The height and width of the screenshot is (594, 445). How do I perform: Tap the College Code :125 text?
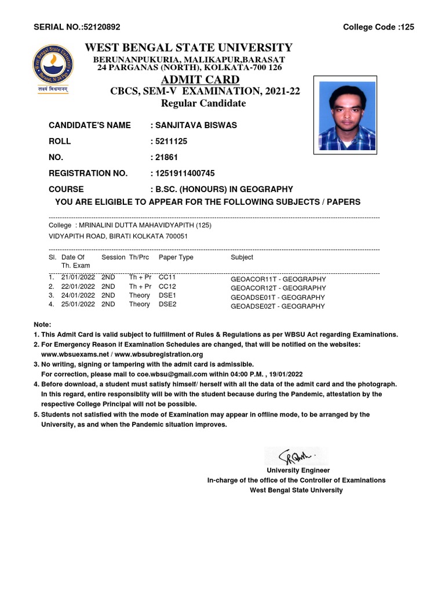pyautogui.click(x=378, y=27)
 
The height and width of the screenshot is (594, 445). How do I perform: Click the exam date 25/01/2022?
pyautogui.click(x=78, y=304)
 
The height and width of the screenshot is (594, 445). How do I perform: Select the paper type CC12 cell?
pyautogui.click(x=167, y=287)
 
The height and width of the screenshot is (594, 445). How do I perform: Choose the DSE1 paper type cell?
pyautogui.click(x=167, y=295)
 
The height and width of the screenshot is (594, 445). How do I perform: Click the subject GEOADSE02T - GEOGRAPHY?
pyautogui.click(x=278, y=306)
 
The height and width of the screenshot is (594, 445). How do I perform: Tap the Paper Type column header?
pyautogui.click(x=176, y=257)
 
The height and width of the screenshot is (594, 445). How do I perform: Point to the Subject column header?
pyautogui.click(x=242, y=257)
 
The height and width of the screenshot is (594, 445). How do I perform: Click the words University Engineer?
pyautogui.click(x=298, y=470)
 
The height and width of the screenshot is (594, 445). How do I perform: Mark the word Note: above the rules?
pyautogui.click(x=42, y=324)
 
